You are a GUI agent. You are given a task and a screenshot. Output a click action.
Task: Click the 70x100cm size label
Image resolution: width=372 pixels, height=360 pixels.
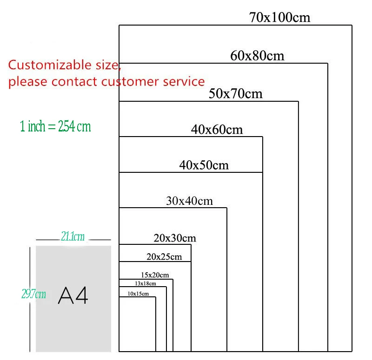279,18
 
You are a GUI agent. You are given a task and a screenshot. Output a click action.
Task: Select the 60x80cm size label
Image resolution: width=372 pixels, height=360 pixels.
257,56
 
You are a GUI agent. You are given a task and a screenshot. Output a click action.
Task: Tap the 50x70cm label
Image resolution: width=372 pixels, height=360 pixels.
236,94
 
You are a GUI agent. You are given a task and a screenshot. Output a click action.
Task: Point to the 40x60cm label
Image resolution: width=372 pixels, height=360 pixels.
217,130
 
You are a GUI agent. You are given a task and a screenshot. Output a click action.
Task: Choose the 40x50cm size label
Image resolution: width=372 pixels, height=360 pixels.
204,165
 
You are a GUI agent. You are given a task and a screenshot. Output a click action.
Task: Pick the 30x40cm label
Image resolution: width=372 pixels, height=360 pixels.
189,201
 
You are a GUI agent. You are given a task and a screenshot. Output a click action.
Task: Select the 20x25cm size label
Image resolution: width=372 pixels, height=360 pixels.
164,256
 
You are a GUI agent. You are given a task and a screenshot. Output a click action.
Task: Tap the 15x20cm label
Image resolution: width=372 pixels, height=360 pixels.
155,275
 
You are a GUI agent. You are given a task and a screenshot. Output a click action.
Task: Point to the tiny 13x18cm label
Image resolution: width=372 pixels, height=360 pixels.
146,283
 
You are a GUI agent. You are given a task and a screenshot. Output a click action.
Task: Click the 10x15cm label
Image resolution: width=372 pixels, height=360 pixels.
138,294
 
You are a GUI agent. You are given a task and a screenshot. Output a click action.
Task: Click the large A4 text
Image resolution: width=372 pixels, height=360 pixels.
73,295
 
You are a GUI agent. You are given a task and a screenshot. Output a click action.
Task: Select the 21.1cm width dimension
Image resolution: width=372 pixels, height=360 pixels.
73,237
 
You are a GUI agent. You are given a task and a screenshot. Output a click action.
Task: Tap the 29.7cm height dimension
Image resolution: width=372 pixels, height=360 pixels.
34,294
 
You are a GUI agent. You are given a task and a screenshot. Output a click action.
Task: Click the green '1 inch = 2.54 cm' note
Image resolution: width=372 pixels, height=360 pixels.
56,126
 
